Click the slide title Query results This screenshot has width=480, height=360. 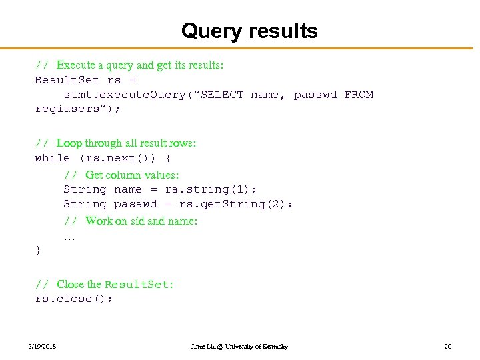(249, 31)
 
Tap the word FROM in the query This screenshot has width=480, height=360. (359, 95)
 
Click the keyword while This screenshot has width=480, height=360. (52, 158)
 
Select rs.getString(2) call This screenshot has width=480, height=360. (235, 204)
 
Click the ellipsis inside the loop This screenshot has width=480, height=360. (69, 237)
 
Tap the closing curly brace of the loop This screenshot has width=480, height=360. (38, 250)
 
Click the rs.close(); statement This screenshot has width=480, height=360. (73, 299)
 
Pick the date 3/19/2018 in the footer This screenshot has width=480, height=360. (43, 347)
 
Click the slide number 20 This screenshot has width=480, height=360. (448, 347)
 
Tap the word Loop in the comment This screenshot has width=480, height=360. (69, 143)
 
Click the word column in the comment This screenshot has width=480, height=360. (124, 175)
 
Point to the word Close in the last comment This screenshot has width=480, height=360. (70, 284)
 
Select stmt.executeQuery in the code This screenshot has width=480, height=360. (124, 95)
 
